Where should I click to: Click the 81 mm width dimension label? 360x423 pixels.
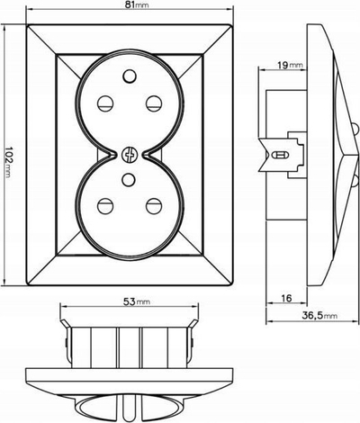[137, 5]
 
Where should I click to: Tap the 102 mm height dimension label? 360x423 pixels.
[8, 162]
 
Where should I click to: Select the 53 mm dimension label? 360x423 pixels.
[137, 301]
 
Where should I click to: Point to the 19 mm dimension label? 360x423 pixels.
[289, 65]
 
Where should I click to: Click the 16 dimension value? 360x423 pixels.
[287, 298]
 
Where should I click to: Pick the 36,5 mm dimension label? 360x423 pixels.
[319, 315]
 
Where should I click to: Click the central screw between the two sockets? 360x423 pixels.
[130, 155]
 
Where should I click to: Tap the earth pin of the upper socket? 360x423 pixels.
[130, 76]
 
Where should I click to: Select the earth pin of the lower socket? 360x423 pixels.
[129, 179]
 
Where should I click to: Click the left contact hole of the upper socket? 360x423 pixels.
[105, 103]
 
